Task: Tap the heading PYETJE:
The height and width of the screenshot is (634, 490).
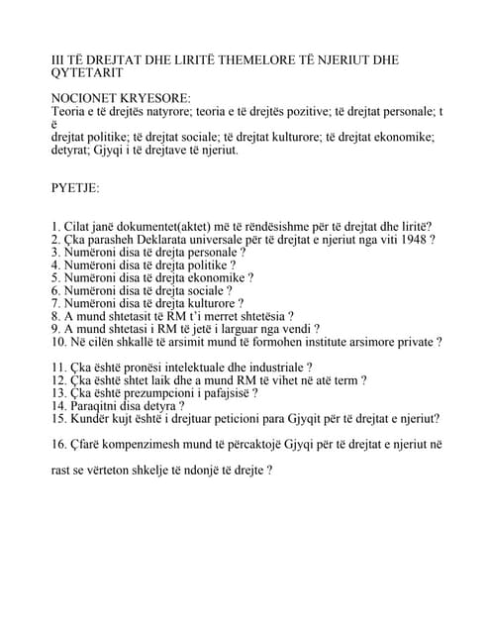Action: [75, 186]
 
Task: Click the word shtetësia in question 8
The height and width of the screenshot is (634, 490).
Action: [256, 316]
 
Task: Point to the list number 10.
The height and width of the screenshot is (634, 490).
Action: [57, 342]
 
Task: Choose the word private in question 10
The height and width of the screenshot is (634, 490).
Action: [414, 342]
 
